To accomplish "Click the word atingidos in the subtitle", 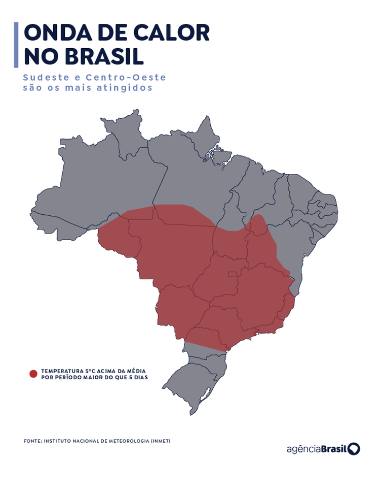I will (128, 88).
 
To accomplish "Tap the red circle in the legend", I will (33, 374).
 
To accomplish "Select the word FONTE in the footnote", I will (32, 441).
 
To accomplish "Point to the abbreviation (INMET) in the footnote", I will (161, 441).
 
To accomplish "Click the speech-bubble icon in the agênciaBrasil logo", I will (354, 449).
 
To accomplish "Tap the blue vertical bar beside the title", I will (16, 45).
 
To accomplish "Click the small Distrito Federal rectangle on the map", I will (233, 275).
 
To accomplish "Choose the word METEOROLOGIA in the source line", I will (128, 441).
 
